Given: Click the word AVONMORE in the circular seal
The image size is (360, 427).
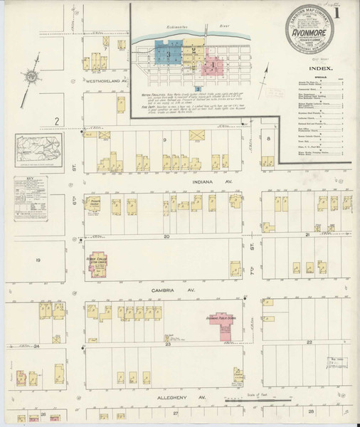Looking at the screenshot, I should (x=305, y=39).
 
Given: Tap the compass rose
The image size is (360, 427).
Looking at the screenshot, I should (x=31, y=77).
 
